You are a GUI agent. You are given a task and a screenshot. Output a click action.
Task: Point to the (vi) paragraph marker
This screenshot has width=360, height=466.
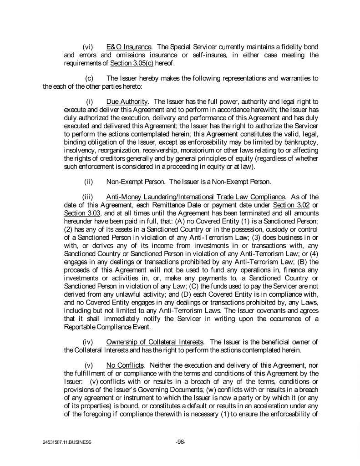pos(89,47)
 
